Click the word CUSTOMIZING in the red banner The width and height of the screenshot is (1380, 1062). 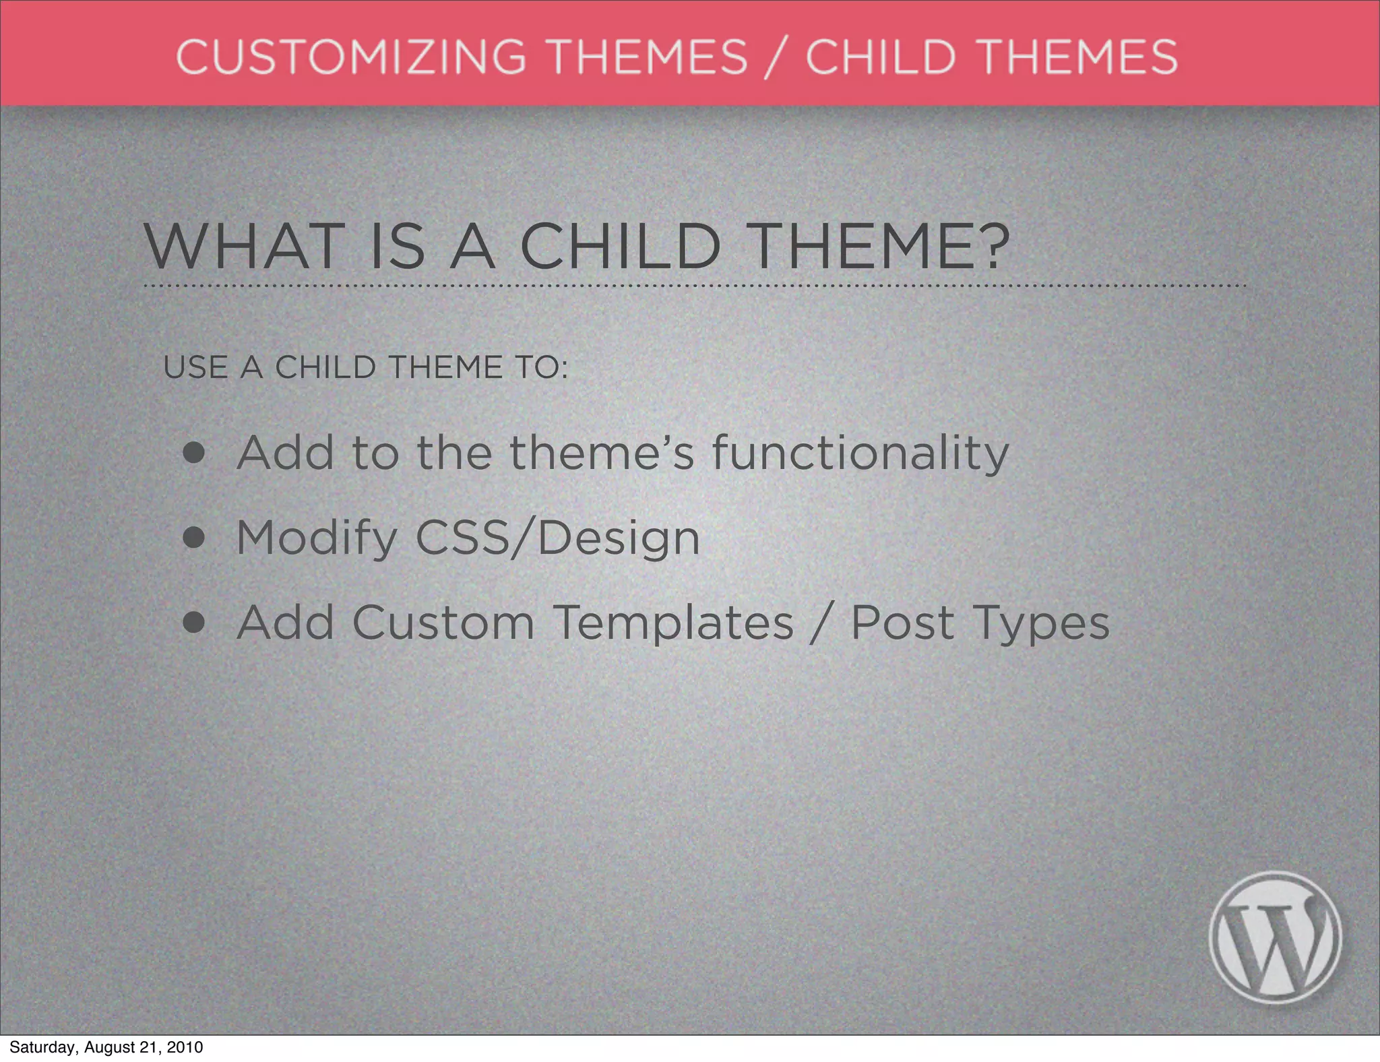(351, 57)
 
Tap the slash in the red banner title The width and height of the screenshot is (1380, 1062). (776, 58)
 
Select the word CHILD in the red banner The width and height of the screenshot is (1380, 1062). (881, 57)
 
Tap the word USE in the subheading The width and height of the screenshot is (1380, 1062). (195, 368)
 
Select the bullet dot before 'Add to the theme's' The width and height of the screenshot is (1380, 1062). (193, 454)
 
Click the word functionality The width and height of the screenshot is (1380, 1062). (860, 454)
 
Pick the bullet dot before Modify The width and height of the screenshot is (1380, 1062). (193, 538)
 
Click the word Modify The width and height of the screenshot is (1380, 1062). (317, 538)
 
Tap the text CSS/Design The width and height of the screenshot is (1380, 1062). (557, 538)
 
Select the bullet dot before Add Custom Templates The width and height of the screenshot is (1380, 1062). (193, 623)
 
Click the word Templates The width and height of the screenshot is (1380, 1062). (673, 623)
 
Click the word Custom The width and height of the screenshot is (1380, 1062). (443, 623)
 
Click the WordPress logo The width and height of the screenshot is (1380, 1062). (1275, 938)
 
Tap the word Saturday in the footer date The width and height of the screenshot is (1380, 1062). (41, 1047)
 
